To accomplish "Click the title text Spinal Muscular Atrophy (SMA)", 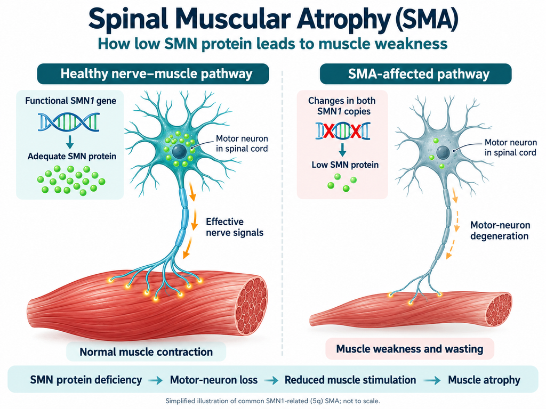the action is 273,19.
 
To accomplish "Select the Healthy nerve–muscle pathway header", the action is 153,73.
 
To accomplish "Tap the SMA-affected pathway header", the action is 416,73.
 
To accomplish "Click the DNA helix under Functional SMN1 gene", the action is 69,122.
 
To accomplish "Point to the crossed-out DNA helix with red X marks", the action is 343,131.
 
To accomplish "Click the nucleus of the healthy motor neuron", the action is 179,151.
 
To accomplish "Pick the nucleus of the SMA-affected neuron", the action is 443,152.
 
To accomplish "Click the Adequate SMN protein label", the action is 72,156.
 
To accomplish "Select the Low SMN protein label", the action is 345,165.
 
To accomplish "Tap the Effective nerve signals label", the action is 235,227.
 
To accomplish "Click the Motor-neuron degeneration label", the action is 500,230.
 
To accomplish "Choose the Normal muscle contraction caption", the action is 146,351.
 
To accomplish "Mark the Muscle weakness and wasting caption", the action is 409,348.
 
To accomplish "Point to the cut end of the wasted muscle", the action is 499,310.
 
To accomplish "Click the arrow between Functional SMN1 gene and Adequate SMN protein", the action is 70,141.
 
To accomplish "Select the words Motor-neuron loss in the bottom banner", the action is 214,380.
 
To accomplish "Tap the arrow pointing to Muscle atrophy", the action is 432,380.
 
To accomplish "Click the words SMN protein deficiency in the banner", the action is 86,380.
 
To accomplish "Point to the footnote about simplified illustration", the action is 272,401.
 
